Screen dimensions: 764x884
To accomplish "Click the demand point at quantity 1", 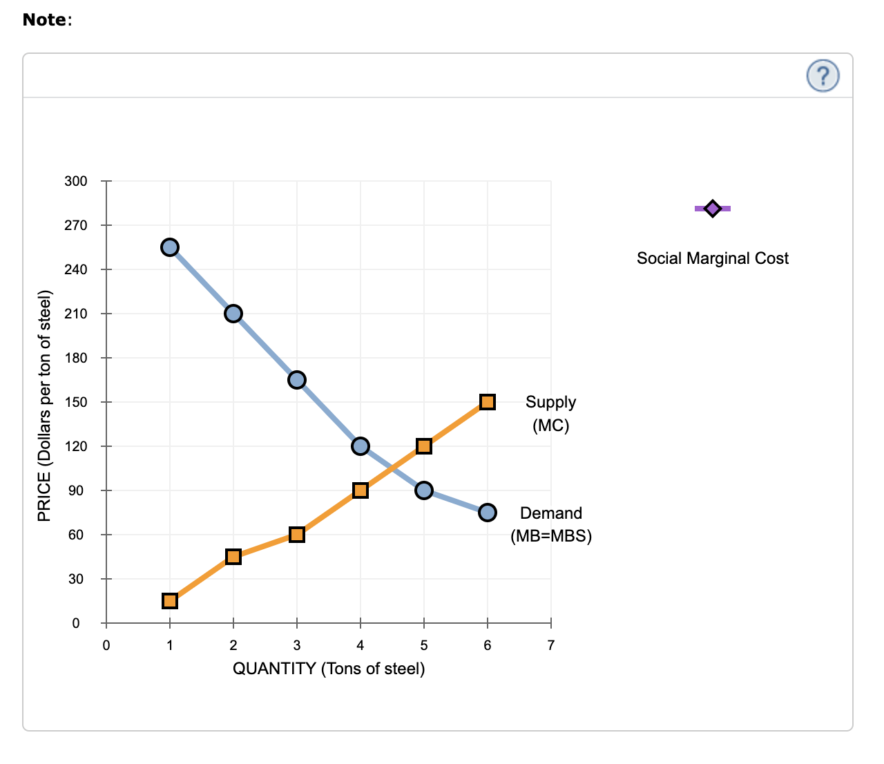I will pos(170,247).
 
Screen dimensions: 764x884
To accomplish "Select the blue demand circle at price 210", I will pos(233,314).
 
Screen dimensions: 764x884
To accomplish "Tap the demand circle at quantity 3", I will pos(297,380).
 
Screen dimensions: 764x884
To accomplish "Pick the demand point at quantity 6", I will pos(488,513).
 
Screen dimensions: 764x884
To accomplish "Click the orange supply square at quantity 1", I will pos(170,601).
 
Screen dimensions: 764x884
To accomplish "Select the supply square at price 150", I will pos(488,402).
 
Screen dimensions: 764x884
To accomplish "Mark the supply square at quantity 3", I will pos(297,535).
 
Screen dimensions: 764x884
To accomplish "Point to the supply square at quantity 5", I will pos(424,446).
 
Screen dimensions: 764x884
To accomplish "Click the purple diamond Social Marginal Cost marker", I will pos(713,208).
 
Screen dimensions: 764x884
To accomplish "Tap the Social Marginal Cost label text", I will pos(713,258).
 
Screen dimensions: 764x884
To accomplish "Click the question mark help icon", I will pos(823,75).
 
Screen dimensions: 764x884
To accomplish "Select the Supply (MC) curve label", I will pos(550,413).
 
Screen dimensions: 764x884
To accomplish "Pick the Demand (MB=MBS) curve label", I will pos(550,524).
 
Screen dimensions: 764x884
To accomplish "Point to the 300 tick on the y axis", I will pos(76,182).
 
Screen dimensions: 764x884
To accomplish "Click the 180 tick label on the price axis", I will pos(76,358).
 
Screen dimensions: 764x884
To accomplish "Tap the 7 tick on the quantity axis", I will pos(550,646).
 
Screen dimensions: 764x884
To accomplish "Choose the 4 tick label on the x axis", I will pos(360,646).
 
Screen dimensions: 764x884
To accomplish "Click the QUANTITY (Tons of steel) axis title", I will pos(329,669).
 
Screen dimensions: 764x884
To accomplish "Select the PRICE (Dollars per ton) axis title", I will pos(44,406).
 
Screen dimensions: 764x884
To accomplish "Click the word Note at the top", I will pos(45,20).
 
